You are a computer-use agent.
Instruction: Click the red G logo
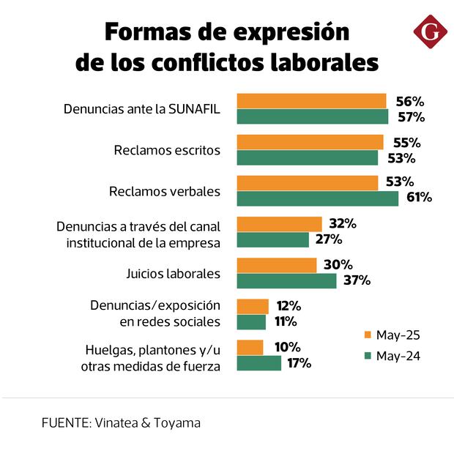(428, 33)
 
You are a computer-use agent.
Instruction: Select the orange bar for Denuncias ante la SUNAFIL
(311, 101)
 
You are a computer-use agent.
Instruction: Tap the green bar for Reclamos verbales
(318, 198)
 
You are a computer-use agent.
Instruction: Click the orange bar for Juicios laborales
(277, 265)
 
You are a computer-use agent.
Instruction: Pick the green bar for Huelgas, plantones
(259, 362)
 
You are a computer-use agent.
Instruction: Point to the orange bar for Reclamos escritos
(310, 142)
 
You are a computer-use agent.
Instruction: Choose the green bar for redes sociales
(251, 321)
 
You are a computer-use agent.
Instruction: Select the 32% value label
(342, 223)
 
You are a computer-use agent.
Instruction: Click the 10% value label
(283, 346)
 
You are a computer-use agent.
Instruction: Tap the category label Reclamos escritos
(167, 151)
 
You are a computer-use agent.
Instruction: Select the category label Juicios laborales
(174, 274)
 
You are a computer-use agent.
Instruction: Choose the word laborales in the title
(324, 62)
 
